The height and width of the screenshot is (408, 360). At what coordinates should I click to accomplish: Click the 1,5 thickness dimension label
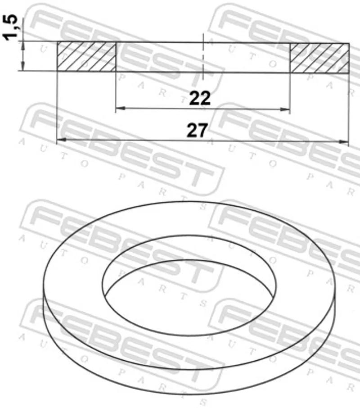click(x=11, y=28)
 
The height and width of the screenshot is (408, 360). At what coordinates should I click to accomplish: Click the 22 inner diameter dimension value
click(x=200, y=98)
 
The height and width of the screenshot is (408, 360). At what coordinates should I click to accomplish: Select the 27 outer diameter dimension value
click(x=197, y=130)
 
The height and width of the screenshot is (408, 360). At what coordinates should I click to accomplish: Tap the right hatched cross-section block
click(x=319, y=58)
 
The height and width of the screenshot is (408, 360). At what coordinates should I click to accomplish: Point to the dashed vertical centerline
click(x=203, y=57)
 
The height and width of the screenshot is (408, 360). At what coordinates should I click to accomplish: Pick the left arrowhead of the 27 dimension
click(x=62, y=140)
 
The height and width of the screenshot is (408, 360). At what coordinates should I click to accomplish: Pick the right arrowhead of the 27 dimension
click(x=343, y=142)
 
